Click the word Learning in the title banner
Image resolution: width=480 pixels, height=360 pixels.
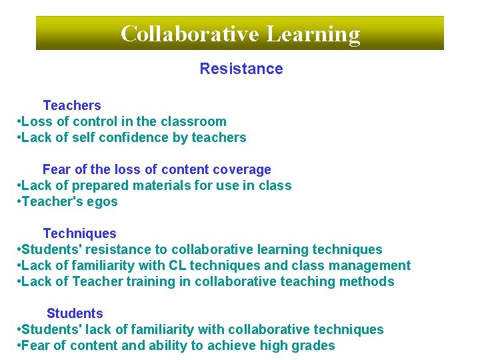point(313,33)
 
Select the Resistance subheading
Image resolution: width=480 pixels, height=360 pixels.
point(241,69)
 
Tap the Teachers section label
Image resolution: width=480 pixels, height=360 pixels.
point(72,105)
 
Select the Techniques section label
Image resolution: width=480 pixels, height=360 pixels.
point(79,233)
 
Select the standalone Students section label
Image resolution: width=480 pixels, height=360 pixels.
point(75,313)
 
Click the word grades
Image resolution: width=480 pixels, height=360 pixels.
point(314,345)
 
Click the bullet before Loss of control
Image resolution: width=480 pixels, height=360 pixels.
point(18,121)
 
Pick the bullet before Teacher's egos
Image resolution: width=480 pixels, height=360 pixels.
point(18,201)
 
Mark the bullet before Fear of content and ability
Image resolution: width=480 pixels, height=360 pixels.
point(18,345)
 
